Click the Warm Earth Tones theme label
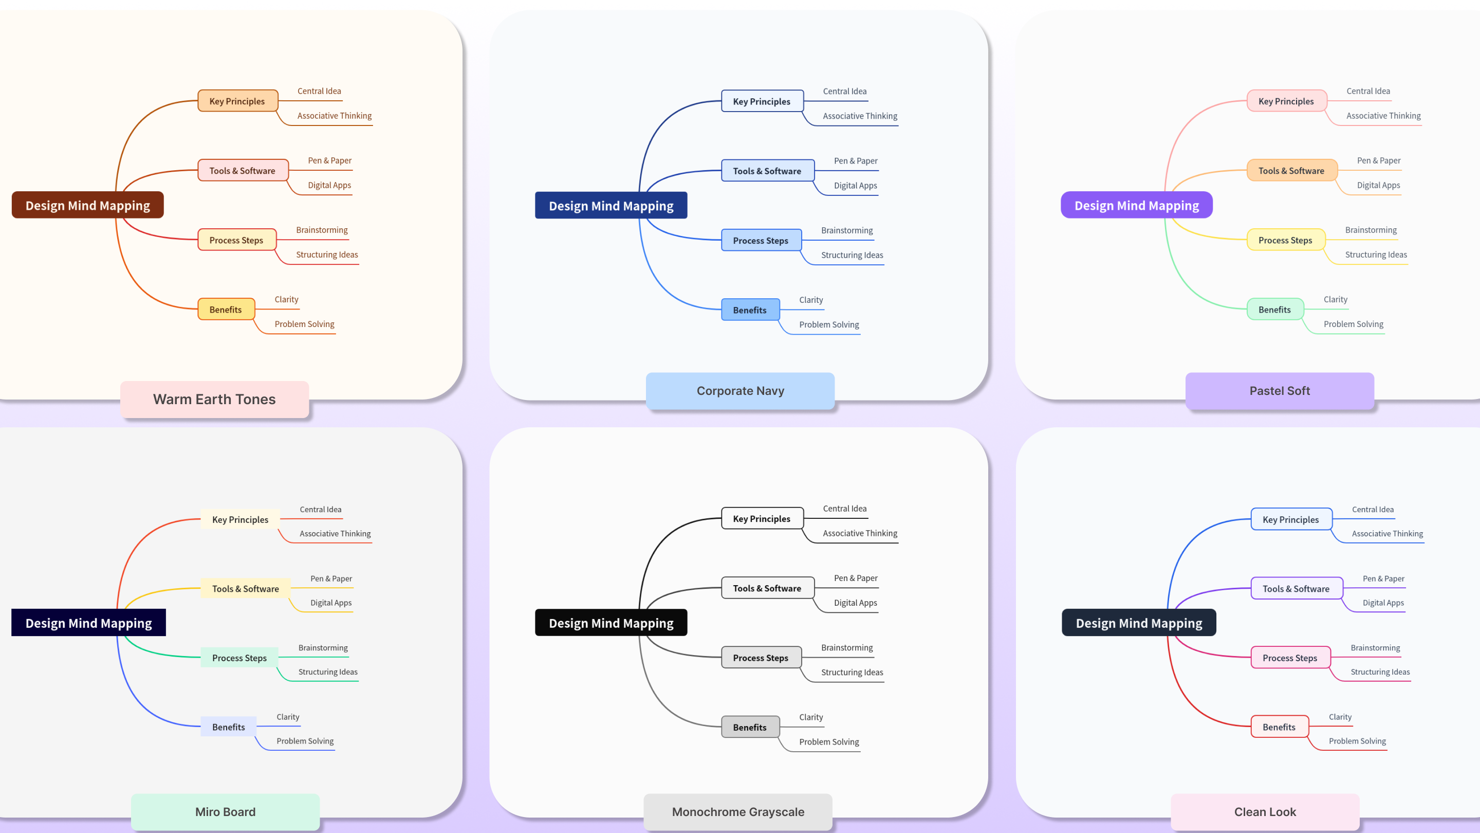click(214, 399)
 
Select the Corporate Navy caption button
click(740, 391)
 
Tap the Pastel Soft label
click(1280, 391)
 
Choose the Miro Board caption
click(225, 812)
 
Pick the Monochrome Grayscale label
click(738, 812)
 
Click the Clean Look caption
click(1265, 812)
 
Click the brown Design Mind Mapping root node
click(87, 205)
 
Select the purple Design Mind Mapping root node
click(1136, 205)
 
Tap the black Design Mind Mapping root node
click(610, 623)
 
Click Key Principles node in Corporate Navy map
click(762, 101)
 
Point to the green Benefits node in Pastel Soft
click(1274, 309)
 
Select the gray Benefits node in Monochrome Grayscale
click(750, 727)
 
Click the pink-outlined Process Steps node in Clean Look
click(1290, 658)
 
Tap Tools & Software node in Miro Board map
click(245, 589)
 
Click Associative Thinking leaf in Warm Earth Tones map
click(335, 116)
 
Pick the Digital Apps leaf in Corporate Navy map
click(856, 186)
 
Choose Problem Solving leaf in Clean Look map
click(1357, 741)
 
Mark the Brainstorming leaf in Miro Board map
click(323, 648)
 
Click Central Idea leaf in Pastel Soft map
click(1368, 91)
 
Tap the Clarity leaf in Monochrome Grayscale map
click(811, 717)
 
